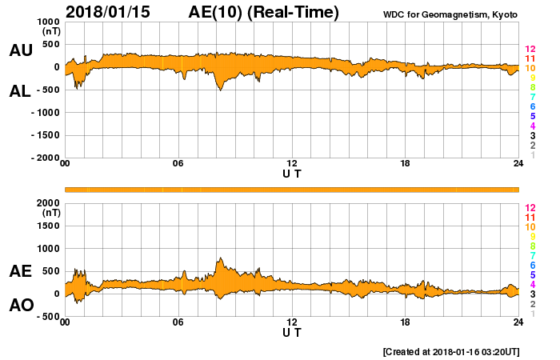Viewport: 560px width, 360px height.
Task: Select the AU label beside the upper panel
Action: click(20, 50)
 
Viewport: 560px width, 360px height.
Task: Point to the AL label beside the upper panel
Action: click(20, 91)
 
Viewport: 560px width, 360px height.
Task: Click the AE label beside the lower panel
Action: click(20, 271)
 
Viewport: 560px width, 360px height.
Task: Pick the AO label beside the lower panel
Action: click(20, 305)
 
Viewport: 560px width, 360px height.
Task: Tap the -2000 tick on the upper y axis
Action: click(46, 158)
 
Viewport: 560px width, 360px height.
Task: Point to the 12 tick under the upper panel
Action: click(292, 164)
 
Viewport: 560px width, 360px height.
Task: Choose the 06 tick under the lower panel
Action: click(178, 322)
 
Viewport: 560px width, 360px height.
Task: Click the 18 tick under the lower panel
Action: click(406, 322)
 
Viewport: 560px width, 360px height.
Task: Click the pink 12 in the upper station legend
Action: click(529, 49)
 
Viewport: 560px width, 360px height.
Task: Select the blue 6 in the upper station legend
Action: click(532, 106)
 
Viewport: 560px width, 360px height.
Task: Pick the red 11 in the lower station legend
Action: click(529, 217)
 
